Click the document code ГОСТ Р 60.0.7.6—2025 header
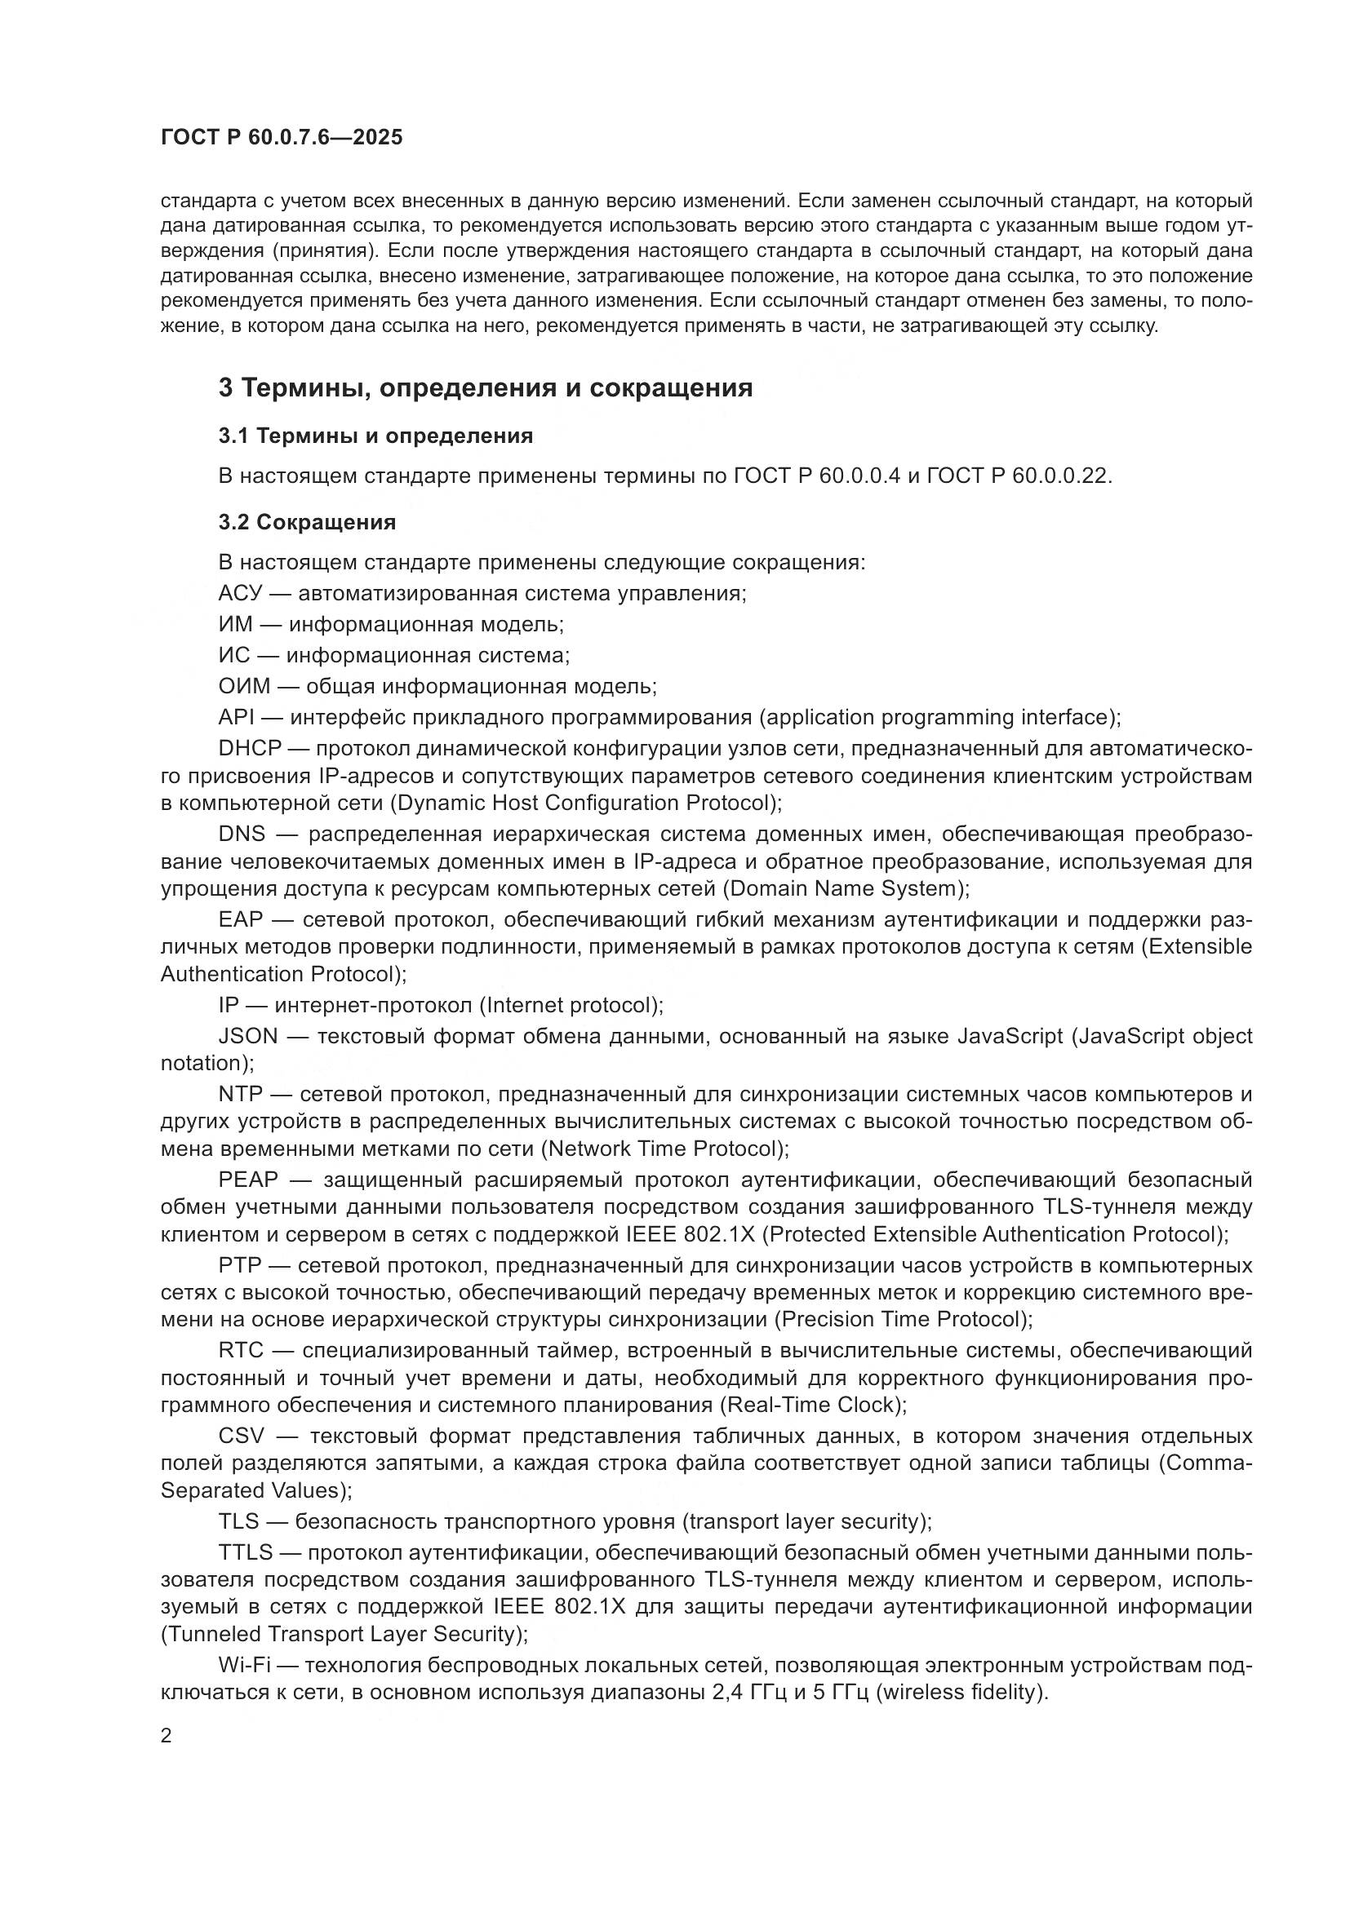281,137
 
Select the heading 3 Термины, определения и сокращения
486,388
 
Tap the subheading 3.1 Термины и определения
375,436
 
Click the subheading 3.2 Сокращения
307,522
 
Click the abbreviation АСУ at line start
240,593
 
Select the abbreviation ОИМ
244,686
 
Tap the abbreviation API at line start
236,717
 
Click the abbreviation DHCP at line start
251,748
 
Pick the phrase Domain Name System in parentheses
843,888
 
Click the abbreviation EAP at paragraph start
240,919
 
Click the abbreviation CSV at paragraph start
241,1436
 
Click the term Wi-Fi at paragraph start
242,1666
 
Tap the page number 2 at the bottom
167,1736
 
